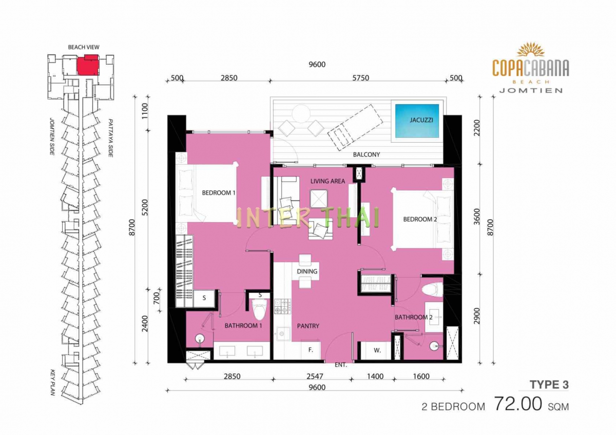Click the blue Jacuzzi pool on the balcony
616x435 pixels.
pyautogui.click(x=417, y=121)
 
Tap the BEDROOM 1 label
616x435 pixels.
pyautogui.click(x=219, y=193)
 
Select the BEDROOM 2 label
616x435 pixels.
pyautogui.click(x=420, y=219)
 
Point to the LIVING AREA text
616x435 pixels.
pyautogui.click(x=328, y=181)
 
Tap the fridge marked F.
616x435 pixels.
pyautogui.click(x=311, y=350)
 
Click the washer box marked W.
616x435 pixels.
pyautogui.click(x=377, y=350)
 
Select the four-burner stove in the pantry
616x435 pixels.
pyautogui.click(x=283, y=306)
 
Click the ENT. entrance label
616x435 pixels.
pyautogui.click(x=341, y=365)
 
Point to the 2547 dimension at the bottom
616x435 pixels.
pyautogui.click(x=315, y=376)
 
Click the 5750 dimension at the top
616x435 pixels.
pyautogui.click(x=360, y=78)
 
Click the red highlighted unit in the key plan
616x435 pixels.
pyautogui.click(x=87, y=65)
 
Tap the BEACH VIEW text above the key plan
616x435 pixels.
pyautogui.click(x=84, y=47)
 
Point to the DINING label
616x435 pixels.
pyautogui.click(x=307, y=271)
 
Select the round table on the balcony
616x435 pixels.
pyautogui.click(x=301, y=114)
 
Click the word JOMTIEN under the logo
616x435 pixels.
pyautogui.click(x=531, y=90)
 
